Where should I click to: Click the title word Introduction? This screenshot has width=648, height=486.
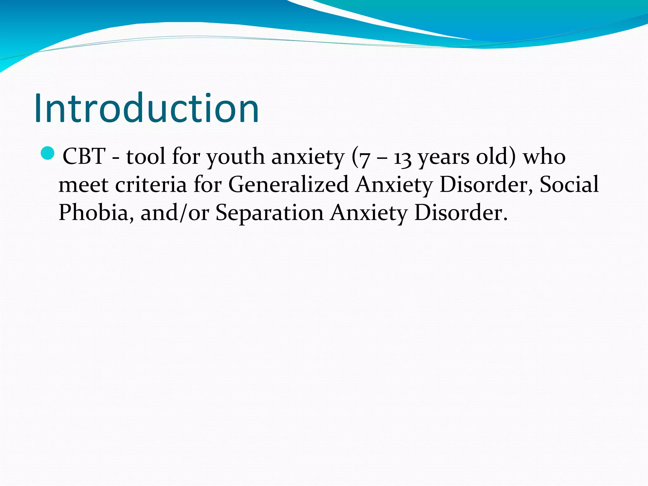tap(146, 108)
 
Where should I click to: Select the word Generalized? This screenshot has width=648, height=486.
tap(288, 185)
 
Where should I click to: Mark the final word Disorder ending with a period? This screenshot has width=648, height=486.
tap(460, 213)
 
